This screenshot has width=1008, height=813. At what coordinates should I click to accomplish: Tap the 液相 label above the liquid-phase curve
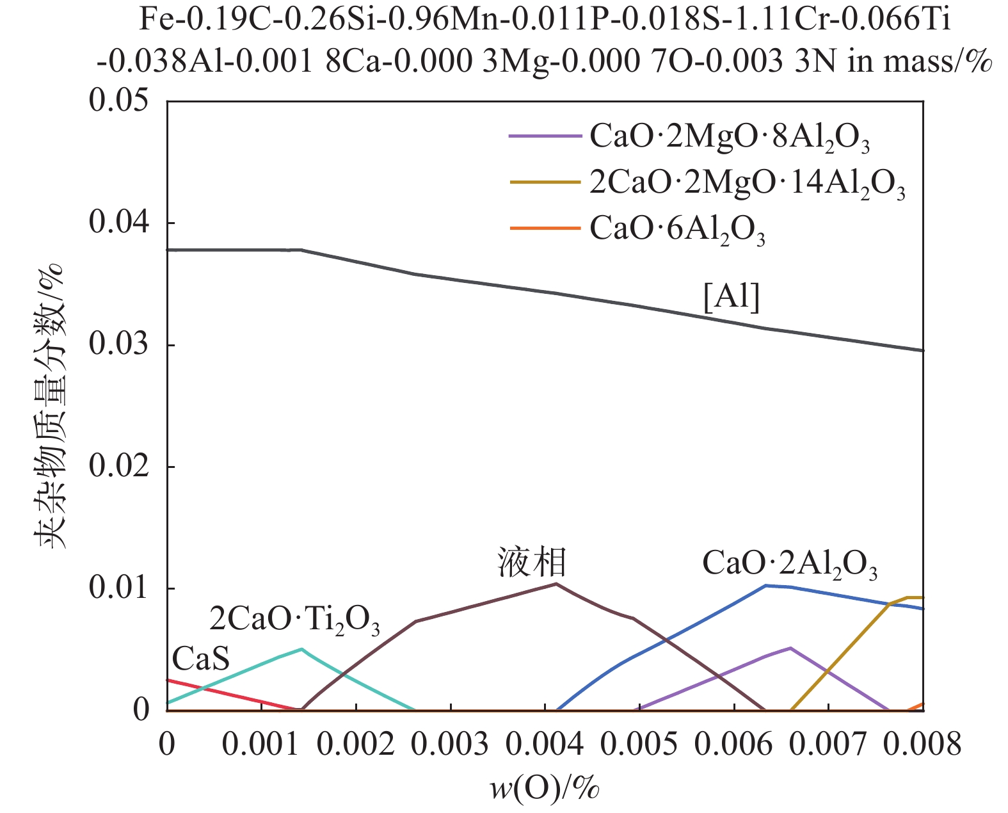(x=532, y=563)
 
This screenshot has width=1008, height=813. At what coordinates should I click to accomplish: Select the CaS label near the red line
(x=200, y=658)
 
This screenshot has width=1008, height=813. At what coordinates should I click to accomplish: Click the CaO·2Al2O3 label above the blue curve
(x=790, y=564)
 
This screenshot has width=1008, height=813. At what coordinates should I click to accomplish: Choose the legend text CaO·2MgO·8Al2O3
(x=730, y=137)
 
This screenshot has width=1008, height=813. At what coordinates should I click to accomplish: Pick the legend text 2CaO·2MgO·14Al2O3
(x=747, y=183)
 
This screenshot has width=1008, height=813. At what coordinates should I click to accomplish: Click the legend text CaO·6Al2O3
(x=677, y=229)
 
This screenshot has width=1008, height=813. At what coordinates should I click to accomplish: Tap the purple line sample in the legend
(x=544, y=136)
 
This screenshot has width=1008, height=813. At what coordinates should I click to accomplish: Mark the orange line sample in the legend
(x=544, y=228)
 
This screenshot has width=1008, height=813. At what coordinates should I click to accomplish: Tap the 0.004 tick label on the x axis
(x=545, y=745)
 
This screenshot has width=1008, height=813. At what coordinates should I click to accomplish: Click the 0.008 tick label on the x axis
(x=922, y=745)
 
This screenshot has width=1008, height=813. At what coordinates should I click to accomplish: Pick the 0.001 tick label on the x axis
(x=260, y=745)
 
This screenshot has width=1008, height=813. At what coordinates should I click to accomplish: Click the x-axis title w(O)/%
(x=545, y=788)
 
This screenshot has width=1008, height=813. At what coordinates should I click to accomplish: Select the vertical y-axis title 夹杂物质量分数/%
(x=50, y=406)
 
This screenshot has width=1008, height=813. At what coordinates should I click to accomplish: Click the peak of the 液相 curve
(x=556, y=583)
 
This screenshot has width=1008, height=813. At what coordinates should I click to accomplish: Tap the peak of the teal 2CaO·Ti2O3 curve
(x=301, y=648)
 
